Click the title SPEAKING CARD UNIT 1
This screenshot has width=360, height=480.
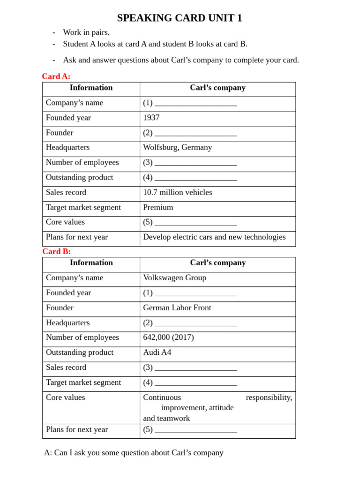click(x=180, y=18)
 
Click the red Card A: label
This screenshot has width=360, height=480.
click(x=56, y=76)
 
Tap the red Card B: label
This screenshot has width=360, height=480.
click(x=56, y=251)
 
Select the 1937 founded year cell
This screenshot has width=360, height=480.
click(x=151, y=118)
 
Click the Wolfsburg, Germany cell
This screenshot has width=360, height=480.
click(x=177, y=148)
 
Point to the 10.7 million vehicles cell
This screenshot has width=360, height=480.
click(x=177, y=193)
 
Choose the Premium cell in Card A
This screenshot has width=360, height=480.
click(x=158, y=208)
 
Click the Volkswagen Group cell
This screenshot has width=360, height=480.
click(x=174, y=278)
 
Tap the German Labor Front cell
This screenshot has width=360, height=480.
click(x=177, y=308)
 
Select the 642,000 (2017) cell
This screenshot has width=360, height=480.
click(x=168, y=337)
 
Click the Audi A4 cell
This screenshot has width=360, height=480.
click(x=157, y=352)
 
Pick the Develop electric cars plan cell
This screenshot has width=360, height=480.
click(x=214, y=237)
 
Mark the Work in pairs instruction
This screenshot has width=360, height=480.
click(x=86, y=32)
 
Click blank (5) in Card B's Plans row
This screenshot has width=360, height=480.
click(x=195, y=430)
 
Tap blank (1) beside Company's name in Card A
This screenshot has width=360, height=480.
click(x=195, y=104)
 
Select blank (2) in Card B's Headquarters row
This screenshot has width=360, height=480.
click(x=195, y=323)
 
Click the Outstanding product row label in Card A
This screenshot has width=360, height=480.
click(x=79, y=178)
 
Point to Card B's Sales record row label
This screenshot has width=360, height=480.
click(x=66, y=367)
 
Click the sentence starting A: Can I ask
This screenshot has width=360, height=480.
click(x=134, y=453)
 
